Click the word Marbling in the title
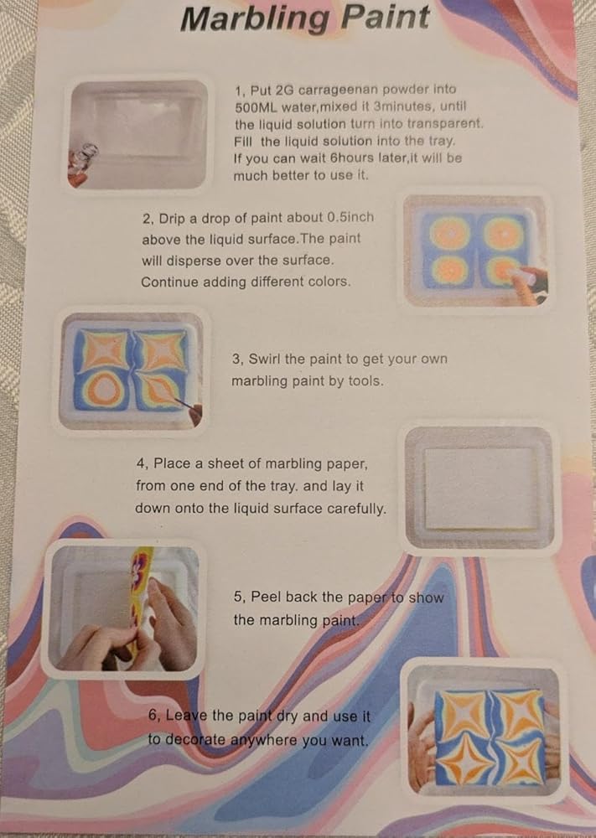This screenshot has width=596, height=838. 256,19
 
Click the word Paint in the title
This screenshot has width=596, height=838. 385,17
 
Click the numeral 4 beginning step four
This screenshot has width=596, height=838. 140,464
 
